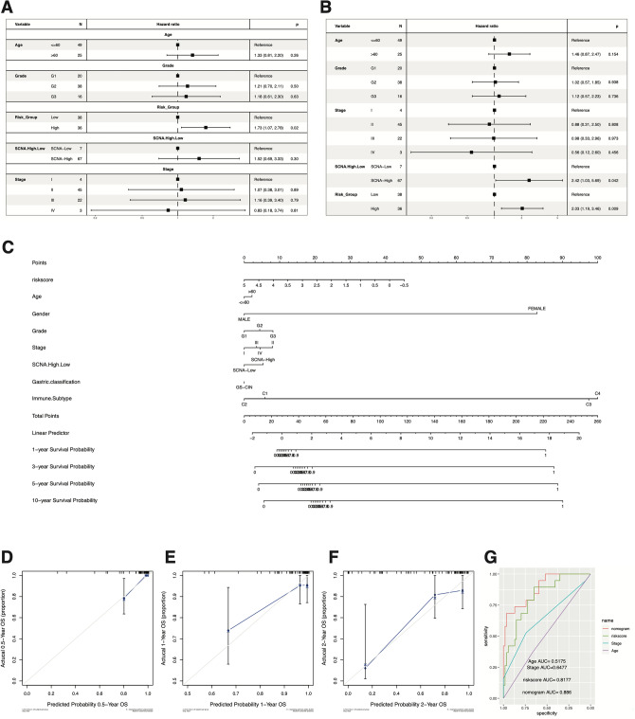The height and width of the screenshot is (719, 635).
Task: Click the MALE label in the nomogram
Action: point(244,319)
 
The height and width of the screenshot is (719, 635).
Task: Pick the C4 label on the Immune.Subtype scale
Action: point(596,392)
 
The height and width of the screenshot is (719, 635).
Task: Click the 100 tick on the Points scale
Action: point(596,256)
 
